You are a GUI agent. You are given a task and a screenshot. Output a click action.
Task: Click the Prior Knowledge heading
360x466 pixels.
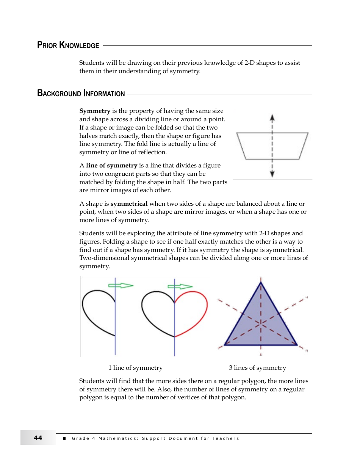(68, 45)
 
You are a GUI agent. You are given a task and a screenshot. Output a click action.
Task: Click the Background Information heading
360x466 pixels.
(81, 94)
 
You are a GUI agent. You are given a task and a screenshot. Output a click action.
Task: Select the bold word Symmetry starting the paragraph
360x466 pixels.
(95, 111)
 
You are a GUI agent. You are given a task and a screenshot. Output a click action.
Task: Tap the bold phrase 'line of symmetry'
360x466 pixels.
(111, 166)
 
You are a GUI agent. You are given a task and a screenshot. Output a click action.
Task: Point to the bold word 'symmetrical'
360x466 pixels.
(129, 204)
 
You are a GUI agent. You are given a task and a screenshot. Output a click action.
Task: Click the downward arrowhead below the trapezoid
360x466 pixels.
(272, 174)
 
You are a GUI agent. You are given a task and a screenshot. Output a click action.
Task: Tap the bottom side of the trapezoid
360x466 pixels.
(272, 159)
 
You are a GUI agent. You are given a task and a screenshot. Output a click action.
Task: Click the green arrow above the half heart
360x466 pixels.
(121, 285)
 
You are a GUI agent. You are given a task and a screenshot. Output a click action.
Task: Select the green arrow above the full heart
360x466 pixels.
(180, 286)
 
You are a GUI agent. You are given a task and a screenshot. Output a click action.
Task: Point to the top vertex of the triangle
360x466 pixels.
(261, 282)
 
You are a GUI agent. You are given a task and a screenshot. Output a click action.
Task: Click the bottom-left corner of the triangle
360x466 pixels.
(225, 344)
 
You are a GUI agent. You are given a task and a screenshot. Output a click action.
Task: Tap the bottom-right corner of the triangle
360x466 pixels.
(297, 344)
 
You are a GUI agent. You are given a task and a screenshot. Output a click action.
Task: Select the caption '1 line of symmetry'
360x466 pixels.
(135, 368)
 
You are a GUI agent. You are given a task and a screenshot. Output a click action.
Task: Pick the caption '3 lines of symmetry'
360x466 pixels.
(257, 368)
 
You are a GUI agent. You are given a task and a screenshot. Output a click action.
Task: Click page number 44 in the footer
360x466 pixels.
(38, 438)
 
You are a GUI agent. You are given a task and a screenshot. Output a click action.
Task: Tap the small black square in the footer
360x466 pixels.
(64, 438)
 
